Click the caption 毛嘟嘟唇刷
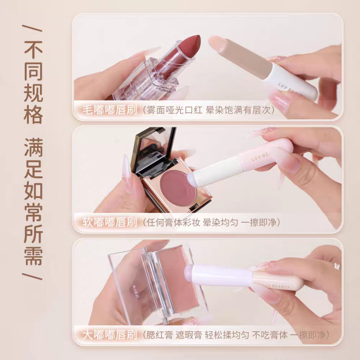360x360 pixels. point(110,110)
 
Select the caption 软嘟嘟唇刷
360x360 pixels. point(110,222)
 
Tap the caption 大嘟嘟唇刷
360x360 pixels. point(110,335)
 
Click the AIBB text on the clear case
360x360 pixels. point(135,292)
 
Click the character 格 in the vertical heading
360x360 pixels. point(33,114)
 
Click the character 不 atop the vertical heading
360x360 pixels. point(33,49)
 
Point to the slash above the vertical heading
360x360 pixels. point(32,28)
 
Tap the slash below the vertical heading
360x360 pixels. point(32,277)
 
